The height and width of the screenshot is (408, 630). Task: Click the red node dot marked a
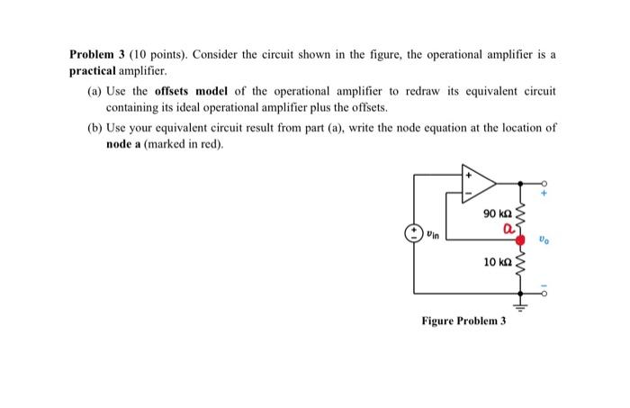click(519, 240)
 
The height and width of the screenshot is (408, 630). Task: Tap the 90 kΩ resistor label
click(497, 213)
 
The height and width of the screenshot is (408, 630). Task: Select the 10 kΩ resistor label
click(497, 262)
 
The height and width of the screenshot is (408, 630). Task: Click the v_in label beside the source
click(434, 235)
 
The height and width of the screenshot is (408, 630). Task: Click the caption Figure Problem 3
click(463, 321)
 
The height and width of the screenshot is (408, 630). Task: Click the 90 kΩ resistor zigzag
click(519, 214)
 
